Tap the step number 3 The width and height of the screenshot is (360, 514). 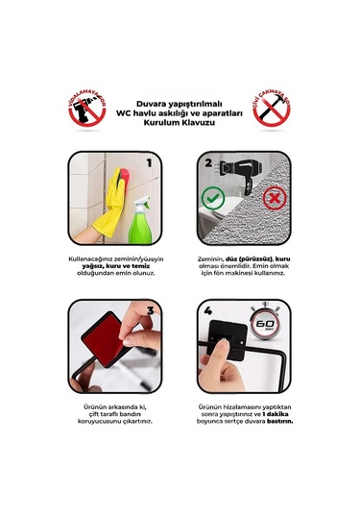tap(150, 312)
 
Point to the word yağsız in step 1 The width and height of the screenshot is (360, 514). tap(84, 266)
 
